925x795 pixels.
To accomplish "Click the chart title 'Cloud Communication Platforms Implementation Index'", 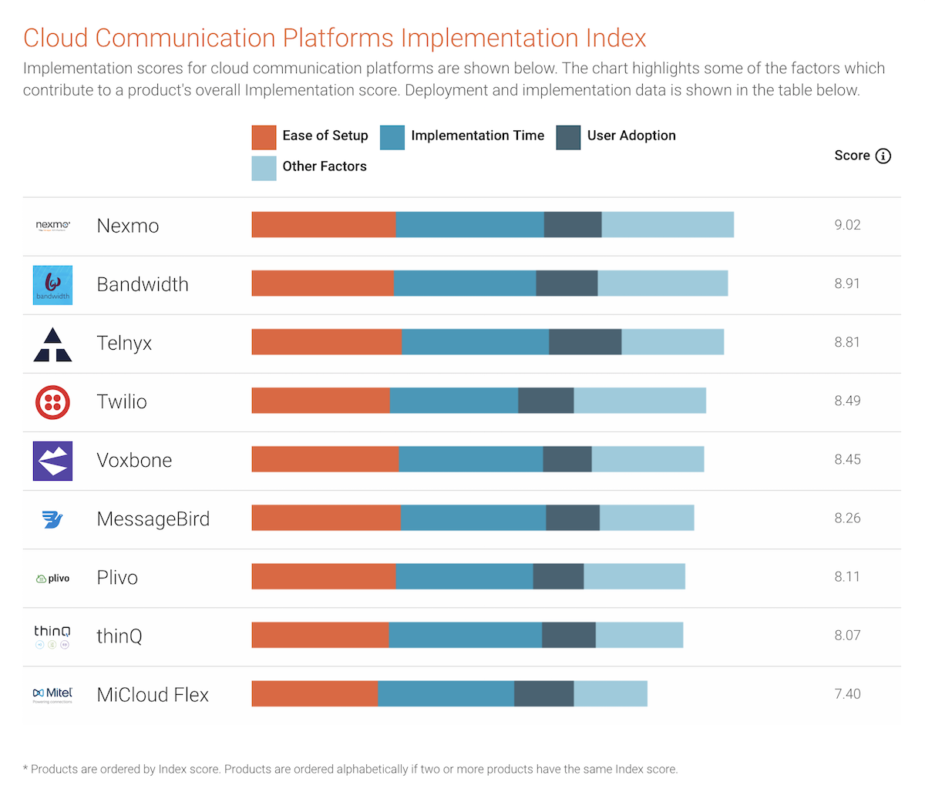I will (335, 38).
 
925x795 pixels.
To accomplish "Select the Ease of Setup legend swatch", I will (264, 137).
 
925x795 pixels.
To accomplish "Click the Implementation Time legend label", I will (477, 136).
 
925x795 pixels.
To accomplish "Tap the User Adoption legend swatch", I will (568, 137).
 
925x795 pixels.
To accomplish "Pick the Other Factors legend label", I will (325, 166).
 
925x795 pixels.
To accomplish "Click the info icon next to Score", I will (883, 156).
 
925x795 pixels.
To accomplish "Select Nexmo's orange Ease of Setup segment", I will (324, 225).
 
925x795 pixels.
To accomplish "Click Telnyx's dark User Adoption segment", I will (585, 342).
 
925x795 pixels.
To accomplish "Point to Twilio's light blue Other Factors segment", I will (640, 401).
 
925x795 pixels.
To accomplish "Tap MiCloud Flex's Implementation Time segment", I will (446, 693).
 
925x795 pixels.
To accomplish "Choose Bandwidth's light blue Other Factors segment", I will (663, 283).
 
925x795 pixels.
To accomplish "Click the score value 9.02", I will (847, 225).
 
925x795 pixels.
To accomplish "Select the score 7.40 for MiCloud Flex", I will (847, 694).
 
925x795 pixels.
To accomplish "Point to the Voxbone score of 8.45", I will (847, 460).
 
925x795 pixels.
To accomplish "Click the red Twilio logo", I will (52, 401).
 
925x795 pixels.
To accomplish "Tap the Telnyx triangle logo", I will (52, 344).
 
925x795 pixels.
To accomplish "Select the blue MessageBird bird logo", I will (52, 519).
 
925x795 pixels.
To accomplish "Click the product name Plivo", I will (117, 578).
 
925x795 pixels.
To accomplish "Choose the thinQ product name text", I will (119, 636).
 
